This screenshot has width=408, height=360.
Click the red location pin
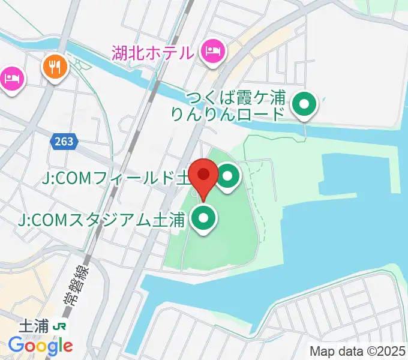click(x=203, y=176)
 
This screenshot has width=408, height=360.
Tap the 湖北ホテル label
click(x=152, y=53)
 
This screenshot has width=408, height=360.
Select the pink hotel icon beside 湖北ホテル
click(x=212, y=52)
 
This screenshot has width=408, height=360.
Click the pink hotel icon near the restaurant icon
click(x=12, y=78)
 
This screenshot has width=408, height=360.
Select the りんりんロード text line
click(x=227, y=114)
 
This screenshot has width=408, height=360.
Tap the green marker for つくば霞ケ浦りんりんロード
click(x=304, y=106)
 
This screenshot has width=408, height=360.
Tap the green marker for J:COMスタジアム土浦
click(x=204, y=219)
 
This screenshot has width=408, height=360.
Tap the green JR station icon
click(x=60, y=326)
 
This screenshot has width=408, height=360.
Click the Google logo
click(x=40, y=346)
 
